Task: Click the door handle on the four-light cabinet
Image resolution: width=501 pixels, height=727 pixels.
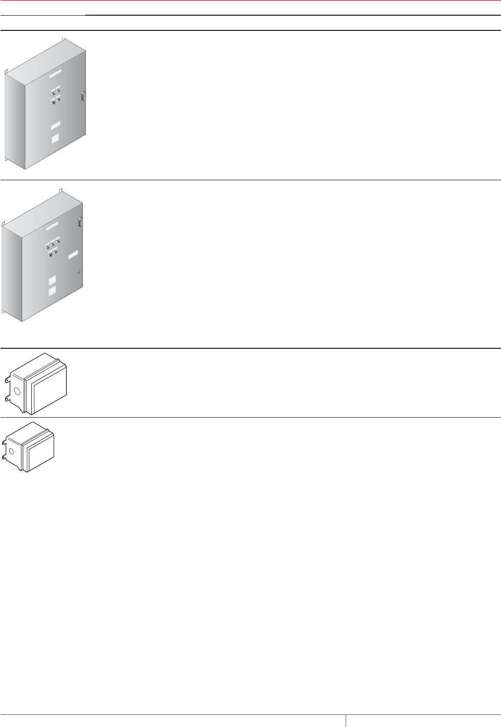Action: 82,96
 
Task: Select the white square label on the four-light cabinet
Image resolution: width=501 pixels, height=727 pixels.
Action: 55,137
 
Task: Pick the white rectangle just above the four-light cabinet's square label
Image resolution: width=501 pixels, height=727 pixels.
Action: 55,125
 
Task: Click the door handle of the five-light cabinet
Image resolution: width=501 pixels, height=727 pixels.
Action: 80,222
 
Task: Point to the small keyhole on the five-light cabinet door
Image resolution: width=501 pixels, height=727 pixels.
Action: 80,272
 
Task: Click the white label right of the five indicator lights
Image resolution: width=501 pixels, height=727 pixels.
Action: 73,255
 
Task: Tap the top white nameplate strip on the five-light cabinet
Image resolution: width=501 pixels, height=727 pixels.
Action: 53,225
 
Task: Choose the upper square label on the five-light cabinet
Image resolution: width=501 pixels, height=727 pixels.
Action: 52,280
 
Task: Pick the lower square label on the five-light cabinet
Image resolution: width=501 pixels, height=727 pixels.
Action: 52,291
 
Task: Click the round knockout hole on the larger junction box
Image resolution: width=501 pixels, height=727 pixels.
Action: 16,391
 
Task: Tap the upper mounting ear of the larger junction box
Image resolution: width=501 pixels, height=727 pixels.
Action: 6,379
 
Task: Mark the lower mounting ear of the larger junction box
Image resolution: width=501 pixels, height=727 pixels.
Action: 6,399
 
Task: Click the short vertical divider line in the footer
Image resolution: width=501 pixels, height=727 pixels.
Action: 346,720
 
